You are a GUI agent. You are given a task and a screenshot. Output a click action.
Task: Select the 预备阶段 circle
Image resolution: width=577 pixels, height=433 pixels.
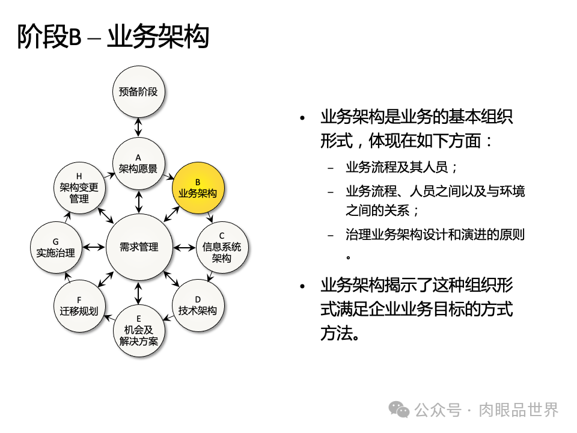tap(138, 92)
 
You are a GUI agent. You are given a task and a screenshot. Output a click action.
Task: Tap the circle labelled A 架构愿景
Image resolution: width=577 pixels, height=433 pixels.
tap(138, 163)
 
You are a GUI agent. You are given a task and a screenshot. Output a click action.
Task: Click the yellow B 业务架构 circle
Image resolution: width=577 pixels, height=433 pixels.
tap(198, 187)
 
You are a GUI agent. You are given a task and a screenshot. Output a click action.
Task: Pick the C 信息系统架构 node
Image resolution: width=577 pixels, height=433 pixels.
tap(222, 247)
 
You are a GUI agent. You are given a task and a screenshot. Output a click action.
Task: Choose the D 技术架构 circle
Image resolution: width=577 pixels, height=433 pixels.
tap(198, 305)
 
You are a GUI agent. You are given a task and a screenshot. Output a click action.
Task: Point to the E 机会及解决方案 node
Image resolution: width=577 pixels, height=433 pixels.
tap(139, 330)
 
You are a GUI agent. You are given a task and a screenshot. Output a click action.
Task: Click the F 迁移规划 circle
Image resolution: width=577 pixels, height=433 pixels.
tap(79, 306)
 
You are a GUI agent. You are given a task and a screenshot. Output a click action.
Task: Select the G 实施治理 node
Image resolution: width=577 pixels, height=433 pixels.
tap(55, 247)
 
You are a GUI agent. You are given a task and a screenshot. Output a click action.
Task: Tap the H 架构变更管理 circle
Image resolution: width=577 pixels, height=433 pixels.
tap(79, 187)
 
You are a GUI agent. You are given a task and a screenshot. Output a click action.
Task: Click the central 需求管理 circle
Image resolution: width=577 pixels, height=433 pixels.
tap(139, 247)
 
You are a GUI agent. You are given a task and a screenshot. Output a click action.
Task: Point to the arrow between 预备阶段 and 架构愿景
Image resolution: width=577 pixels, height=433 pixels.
tap(138, 127)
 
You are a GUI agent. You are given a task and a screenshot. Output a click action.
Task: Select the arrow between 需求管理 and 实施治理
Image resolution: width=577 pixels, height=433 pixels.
tap(94, 247)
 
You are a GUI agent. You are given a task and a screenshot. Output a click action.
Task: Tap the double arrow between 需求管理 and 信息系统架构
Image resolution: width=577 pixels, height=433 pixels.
tap(184, 247)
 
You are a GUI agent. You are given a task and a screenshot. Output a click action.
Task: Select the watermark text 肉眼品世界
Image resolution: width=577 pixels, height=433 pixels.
tap(519, 410)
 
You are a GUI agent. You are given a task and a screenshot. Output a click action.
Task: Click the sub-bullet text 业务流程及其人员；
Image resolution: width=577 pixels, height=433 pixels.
tap(402, 167)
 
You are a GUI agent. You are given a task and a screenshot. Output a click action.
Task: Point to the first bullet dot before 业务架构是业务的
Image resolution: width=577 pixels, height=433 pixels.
tap(303, 118)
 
